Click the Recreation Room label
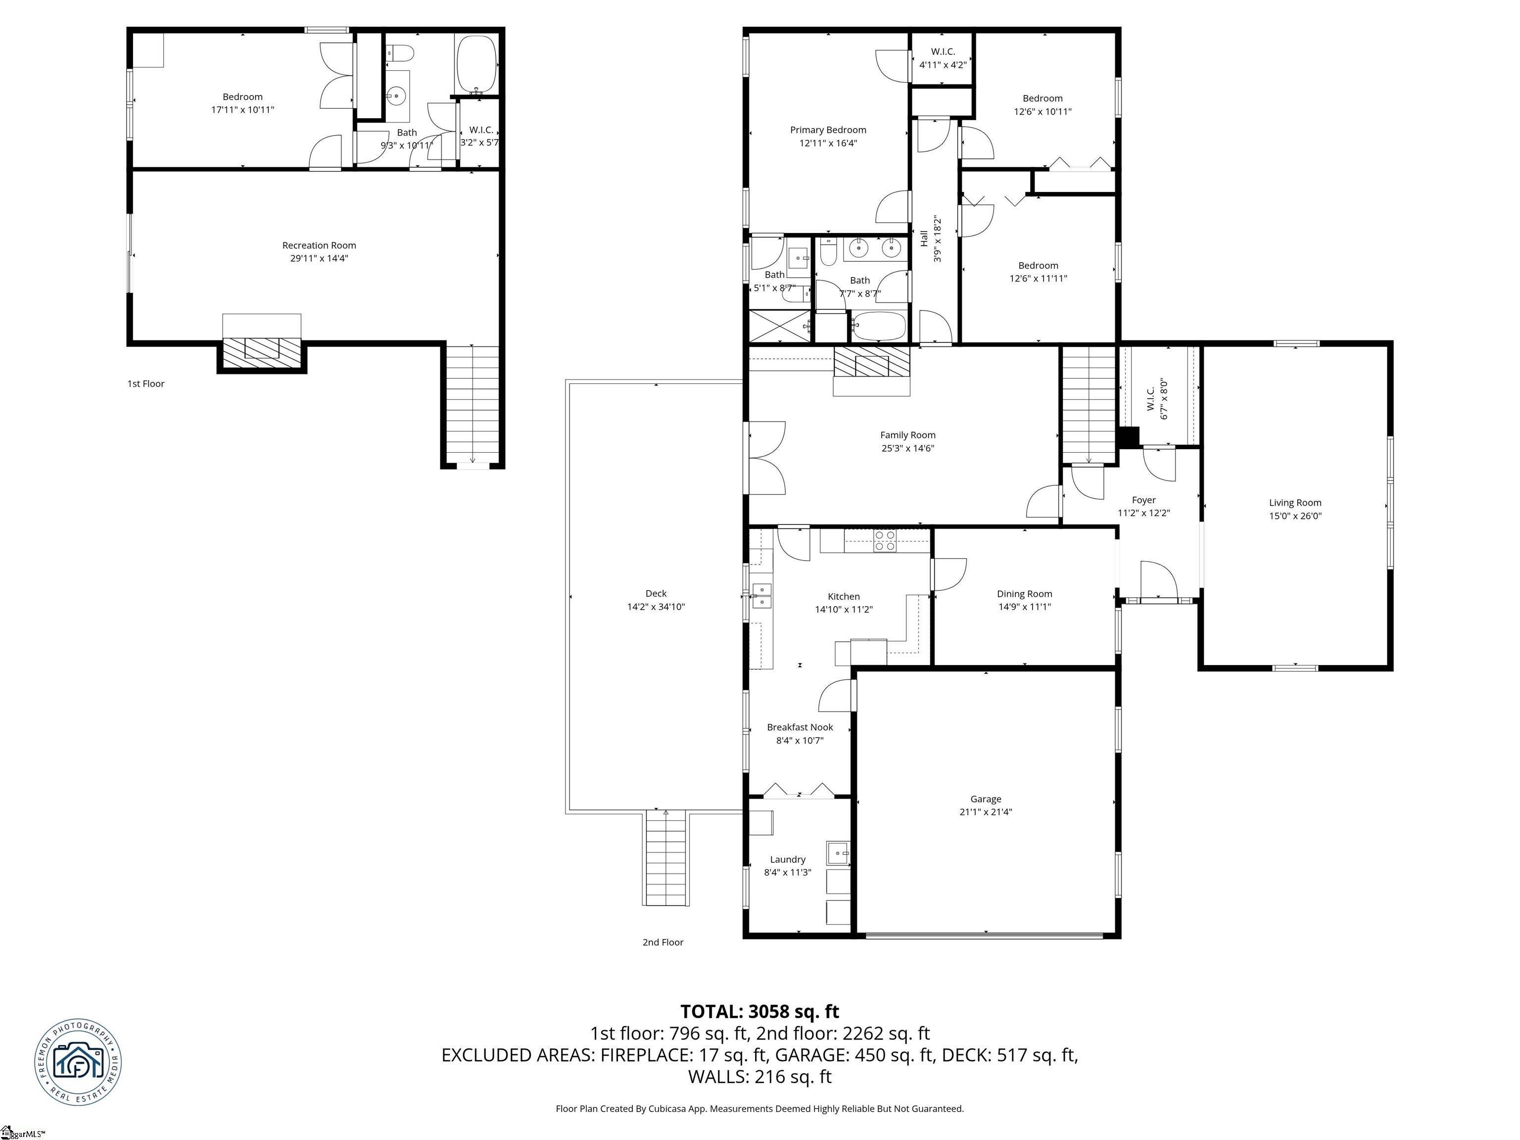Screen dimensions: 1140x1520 pos(319,245)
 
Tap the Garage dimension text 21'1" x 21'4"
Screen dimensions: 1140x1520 pos(986,811)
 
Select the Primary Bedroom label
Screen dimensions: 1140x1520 pos(827,130)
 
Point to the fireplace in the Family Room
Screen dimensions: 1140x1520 pos(871,362)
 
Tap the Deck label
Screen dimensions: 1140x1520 pos(656,593)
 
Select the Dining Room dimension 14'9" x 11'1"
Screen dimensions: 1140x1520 pos(1024,607)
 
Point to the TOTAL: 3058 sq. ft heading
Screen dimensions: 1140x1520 pos(760,1011)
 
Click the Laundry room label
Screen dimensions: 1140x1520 pos(788,859)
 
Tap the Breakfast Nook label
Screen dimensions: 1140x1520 pos(800,727)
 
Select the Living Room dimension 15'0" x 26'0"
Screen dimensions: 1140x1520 pos(1294,516)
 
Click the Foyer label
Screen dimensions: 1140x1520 pos(1143,500)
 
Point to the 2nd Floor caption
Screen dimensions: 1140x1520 pos(663,942)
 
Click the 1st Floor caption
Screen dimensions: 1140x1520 pos(145,383)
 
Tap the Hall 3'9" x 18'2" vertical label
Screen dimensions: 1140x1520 pos(930,238)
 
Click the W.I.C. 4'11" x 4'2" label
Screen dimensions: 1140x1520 pos(943,58)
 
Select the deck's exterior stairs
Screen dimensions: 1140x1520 pos(666,859)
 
